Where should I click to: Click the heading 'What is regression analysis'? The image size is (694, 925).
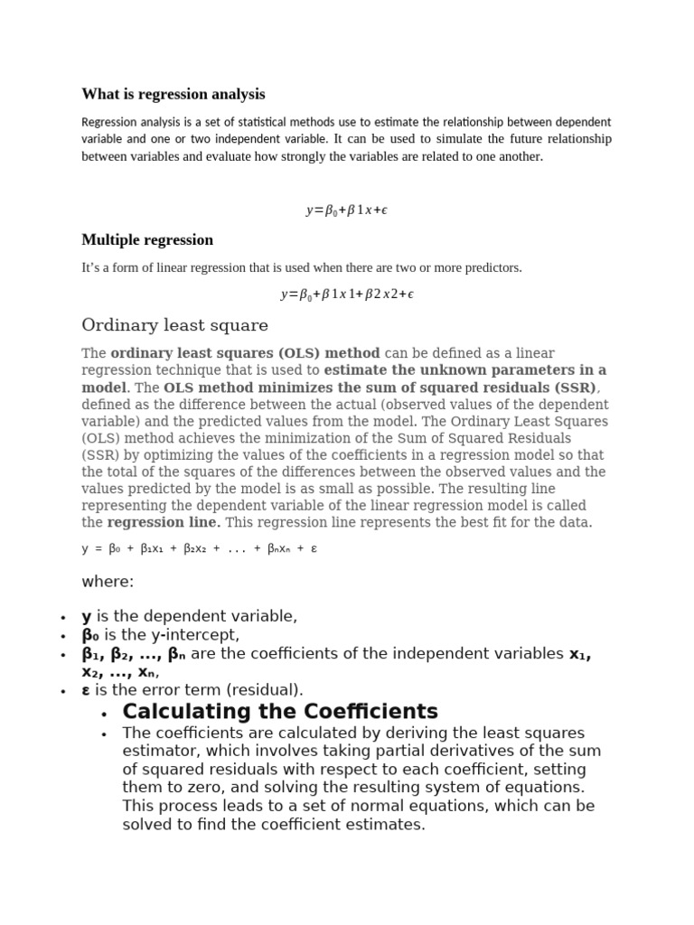(173, 94)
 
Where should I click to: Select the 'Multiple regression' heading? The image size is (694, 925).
(147, 240)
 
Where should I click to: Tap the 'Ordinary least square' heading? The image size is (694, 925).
(174, 325)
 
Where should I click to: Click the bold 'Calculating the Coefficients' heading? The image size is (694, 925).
(280, 711)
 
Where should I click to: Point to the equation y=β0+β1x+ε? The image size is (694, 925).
(347, 210)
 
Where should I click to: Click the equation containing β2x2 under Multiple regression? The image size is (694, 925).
(347, 294)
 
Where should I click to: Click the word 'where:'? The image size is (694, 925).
(108, 582)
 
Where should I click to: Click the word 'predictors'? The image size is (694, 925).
(489, 267)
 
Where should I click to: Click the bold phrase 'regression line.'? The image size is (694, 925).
(164, 523)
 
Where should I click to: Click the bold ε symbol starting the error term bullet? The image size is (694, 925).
(86, 690)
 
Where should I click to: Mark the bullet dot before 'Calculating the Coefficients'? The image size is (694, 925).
(106, 714)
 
